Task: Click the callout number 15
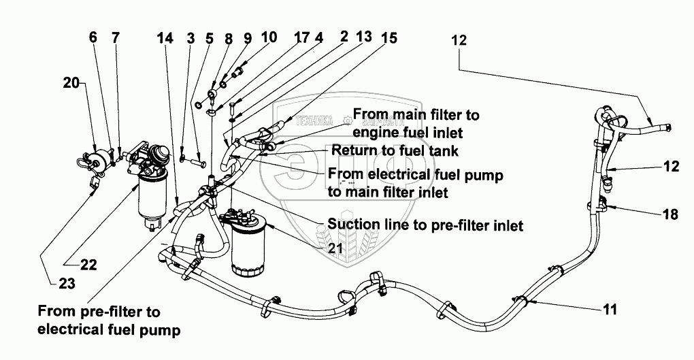[x=389, y=39]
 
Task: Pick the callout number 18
[x=670, y=214]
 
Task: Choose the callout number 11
[x=610, y=310]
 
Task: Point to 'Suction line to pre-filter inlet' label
[x=425, y=225]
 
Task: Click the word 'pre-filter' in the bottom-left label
[x=131, y=312]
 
